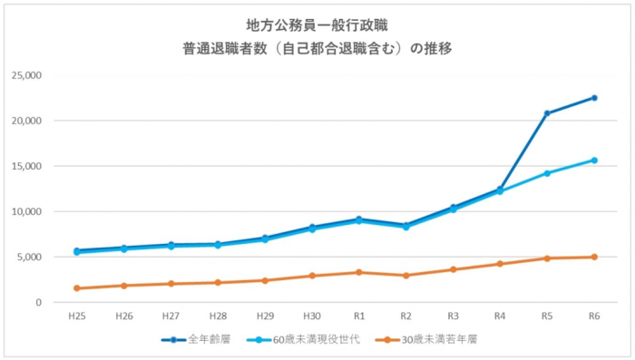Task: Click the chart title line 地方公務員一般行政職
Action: point(317,24)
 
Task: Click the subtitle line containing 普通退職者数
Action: point(317,49)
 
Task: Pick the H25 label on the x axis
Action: point(77,316)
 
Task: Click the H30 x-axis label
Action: point(312,316)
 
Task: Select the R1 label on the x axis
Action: point(359,316)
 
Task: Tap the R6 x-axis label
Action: point(594,316)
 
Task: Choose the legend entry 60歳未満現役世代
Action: point(300,339)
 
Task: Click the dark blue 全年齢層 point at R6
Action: point(594,98)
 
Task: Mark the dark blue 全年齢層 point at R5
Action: point(547,113)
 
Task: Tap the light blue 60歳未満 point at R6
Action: point(594,161)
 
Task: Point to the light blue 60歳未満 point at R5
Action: point(547,173)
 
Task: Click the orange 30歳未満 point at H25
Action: point(77,288)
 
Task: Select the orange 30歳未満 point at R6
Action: point(594,257)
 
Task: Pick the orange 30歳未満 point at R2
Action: point(406,276)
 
